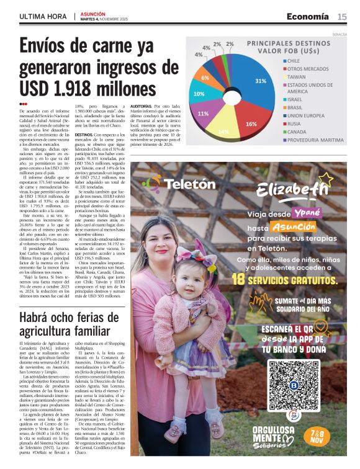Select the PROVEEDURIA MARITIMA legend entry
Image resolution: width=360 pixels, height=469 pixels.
pos(314,140)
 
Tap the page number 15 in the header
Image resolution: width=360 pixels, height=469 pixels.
pos(342,16)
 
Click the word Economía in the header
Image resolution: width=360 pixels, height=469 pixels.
pos(308,16)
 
